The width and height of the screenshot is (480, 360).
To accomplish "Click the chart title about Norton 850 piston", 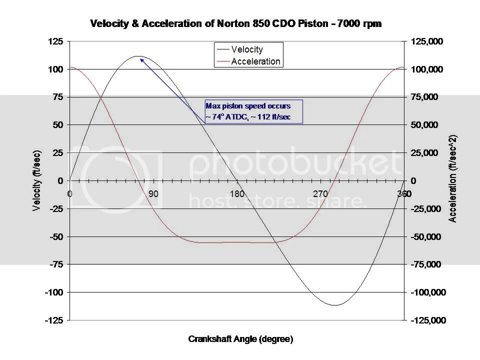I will (235, 23).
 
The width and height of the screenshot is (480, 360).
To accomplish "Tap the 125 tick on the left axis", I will (55, 41).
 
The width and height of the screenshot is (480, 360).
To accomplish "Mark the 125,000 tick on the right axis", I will (426, 41).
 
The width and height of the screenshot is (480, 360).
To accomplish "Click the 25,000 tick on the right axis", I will (427, 153).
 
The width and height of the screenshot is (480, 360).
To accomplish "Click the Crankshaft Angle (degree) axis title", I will (240, 339).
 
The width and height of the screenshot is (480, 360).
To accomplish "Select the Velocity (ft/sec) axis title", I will (36, 180).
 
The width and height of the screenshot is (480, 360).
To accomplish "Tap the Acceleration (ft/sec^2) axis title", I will (453, 178).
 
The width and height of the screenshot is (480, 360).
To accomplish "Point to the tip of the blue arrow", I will (140, 58).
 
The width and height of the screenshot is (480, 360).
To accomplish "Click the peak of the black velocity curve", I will (138, 56).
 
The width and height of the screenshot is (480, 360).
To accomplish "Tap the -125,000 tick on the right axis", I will (427, 320).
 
